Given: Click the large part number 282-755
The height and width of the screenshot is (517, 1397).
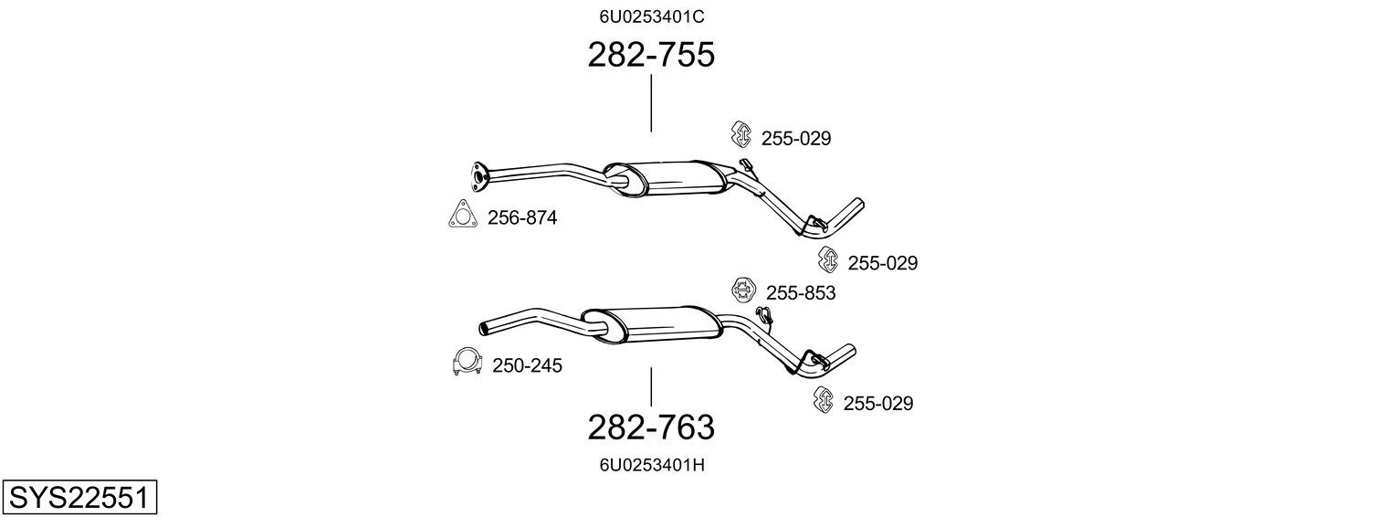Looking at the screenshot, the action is point(651,55).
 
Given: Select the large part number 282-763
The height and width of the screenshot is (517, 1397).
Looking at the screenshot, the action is point(651,427).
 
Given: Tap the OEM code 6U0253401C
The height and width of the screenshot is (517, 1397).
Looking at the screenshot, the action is point(652,16).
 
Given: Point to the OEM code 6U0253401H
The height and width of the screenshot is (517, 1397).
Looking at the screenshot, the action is point(652,465).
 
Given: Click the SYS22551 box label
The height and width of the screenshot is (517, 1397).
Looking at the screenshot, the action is point(79,497).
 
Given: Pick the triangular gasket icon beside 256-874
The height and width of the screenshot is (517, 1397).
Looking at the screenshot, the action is point(463,215).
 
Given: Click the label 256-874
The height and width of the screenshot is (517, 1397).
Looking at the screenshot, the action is point(522,217).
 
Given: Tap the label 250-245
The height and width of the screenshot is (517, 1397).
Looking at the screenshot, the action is point(527,365).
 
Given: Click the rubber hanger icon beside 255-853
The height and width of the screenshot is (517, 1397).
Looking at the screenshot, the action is point(742,290).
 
